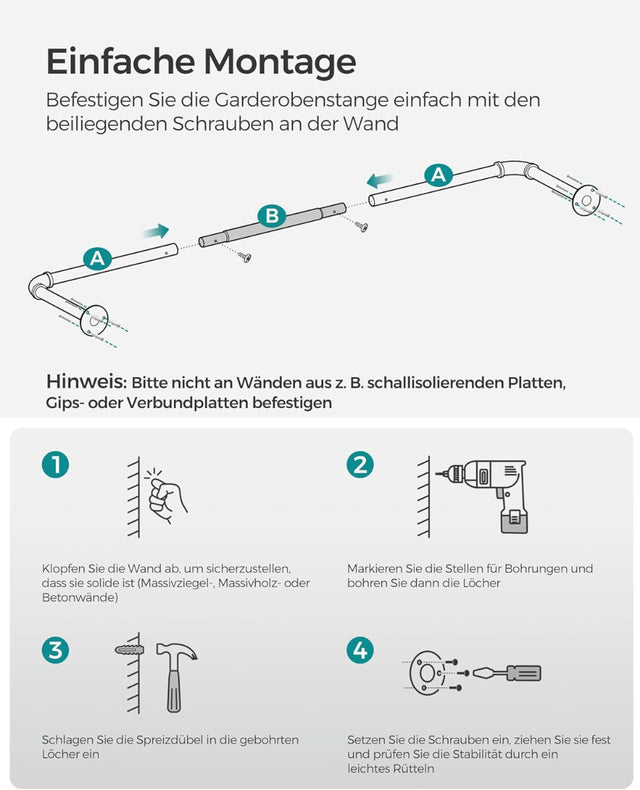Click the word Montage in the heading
click(x=280, y=62)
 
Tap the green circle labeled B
click(x=270, y=215)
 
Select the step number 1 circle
click(x=56, y=464)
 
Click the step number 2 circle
click(x=361, y=464)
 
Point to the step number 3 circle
click(x=56, y=650)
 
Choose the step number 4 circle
click(x=361, y=650)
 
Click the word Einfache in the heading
click(x=121, y=62)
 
